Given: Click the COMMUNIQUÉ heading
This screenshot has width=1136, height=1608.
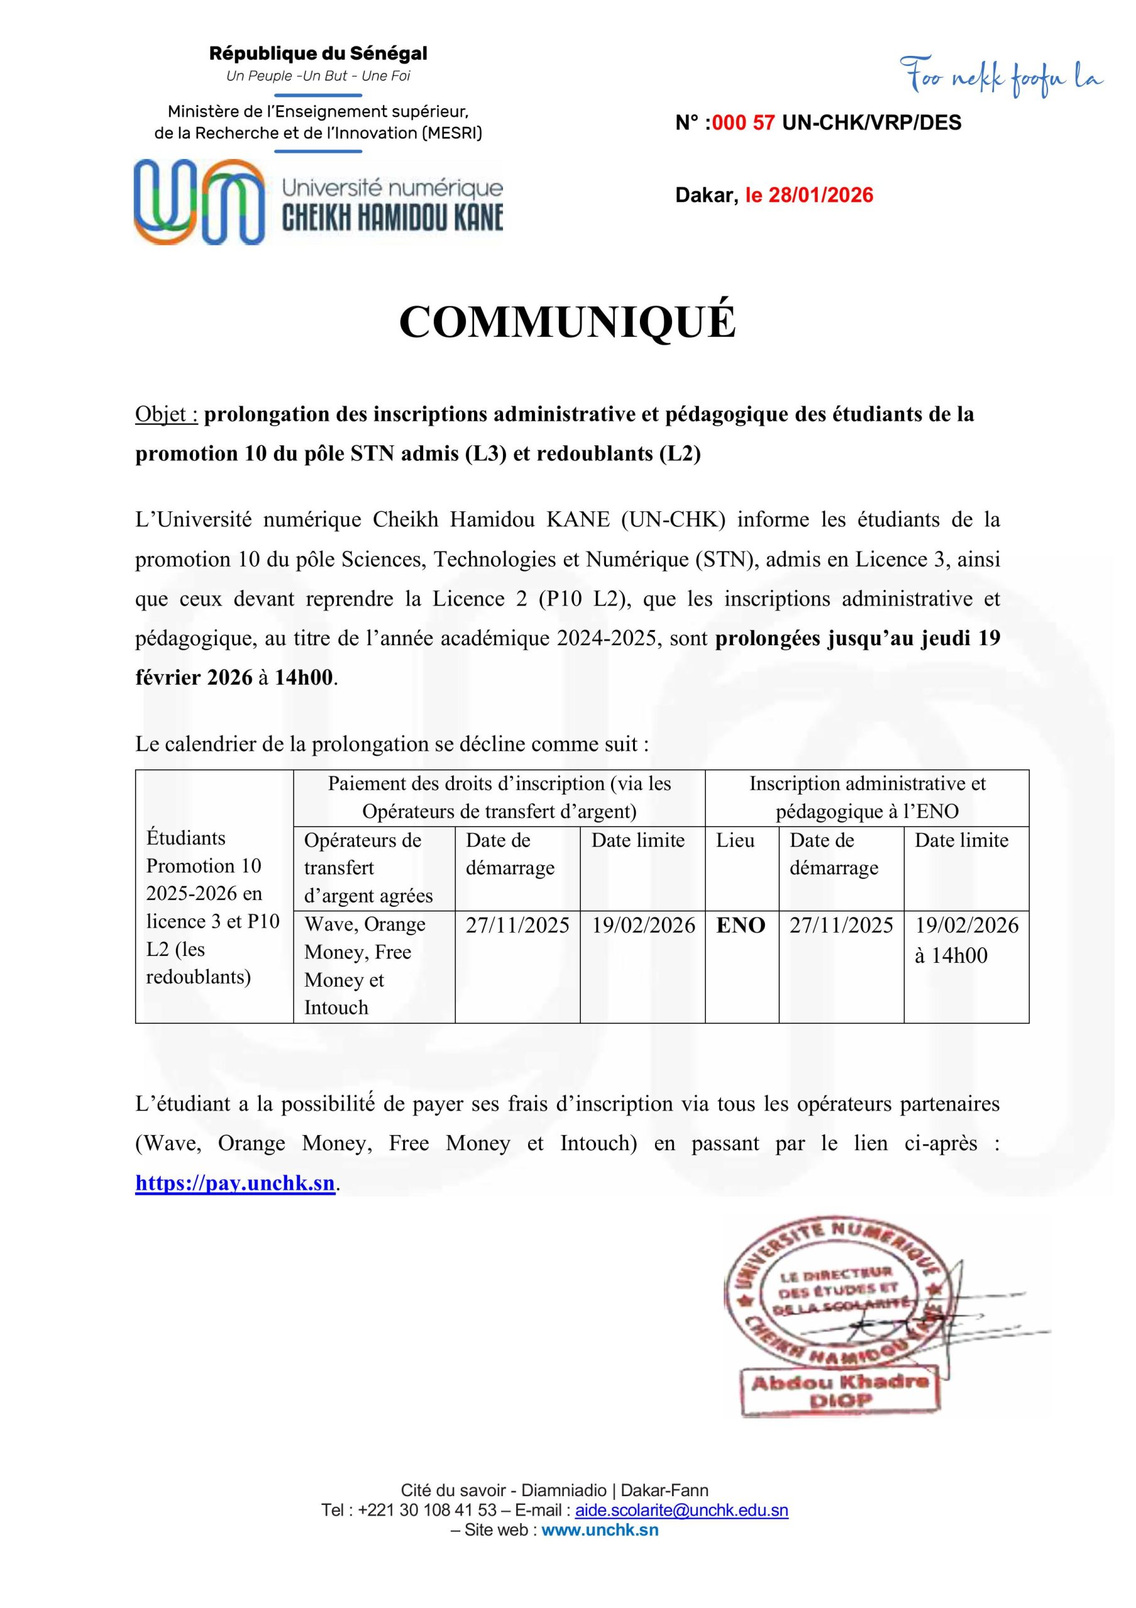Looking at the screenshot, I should click(x=567, y=323).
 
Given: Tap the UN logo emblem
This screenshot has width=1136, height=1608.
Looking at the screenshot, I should click(x=199, y=202).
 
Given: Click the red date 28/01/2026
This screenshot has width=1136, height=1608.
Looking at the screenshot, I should click(x=821, y=195).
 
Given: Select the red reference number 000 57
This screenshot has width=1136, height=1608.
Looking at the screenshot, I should click(x=743, y=122).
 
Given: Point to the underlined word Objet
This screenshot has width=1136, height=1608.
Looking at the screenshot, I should click(x=166, y=415).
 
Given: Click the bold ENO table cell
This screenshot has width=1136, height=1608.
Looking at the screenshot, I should click(x=740, y=925).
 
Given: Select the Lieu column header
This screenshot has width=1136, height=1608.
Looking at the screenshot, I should click(x=735, y=840).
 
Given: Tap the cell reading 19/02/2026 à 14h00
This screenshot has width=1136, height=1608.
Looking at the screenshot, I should click(x=966, y=940).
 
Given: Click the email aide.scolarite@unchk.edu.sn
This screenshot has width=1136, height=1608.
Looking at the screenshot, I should click(x=681, y=1510).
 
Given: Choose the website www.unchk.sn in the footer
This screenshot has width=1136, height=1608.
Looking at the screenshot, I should click(x=600, y=1529).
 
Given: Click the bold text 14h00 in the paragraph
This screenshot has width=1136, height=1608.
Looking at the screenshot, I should click(x=305, y=678).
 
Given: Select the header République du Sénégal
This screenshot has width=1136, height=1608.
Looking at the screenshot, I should click(x=318, y=53).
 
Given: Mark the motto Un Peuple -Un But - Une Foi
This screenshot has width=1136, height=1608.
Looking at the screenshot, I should click(x=318, y=75).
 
